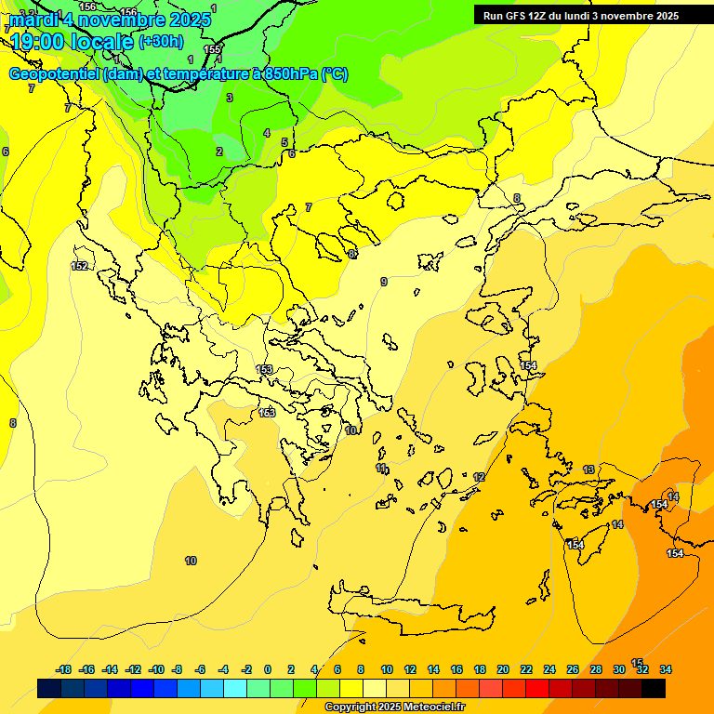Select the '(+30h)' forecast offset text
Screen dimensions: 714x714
161,42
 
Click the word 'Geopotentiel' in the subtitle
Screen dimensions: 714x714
53,74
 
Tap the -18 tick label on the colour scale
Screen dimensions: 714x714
64,669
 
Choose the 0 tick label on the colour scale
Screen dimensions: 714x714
268,669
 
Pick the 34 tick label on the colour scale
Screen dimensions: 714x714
666,669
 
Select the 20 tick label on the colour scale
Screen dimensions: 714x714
503,669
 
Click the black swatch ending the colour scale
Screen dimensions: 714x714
654,688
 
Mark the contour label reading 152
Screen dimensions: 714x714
80,267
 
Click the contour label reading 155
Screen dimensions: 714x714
212,49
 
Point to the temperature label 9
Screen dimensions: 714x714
384,282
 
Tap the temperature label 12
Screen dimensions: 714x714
479,477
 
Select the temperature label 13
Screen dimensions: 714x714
588,470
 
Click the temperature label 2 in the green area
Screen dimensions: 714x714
219,152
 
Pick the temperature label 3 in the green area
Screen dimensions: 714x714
229,98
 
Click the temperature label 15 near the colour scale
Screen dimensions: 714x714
637,663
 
